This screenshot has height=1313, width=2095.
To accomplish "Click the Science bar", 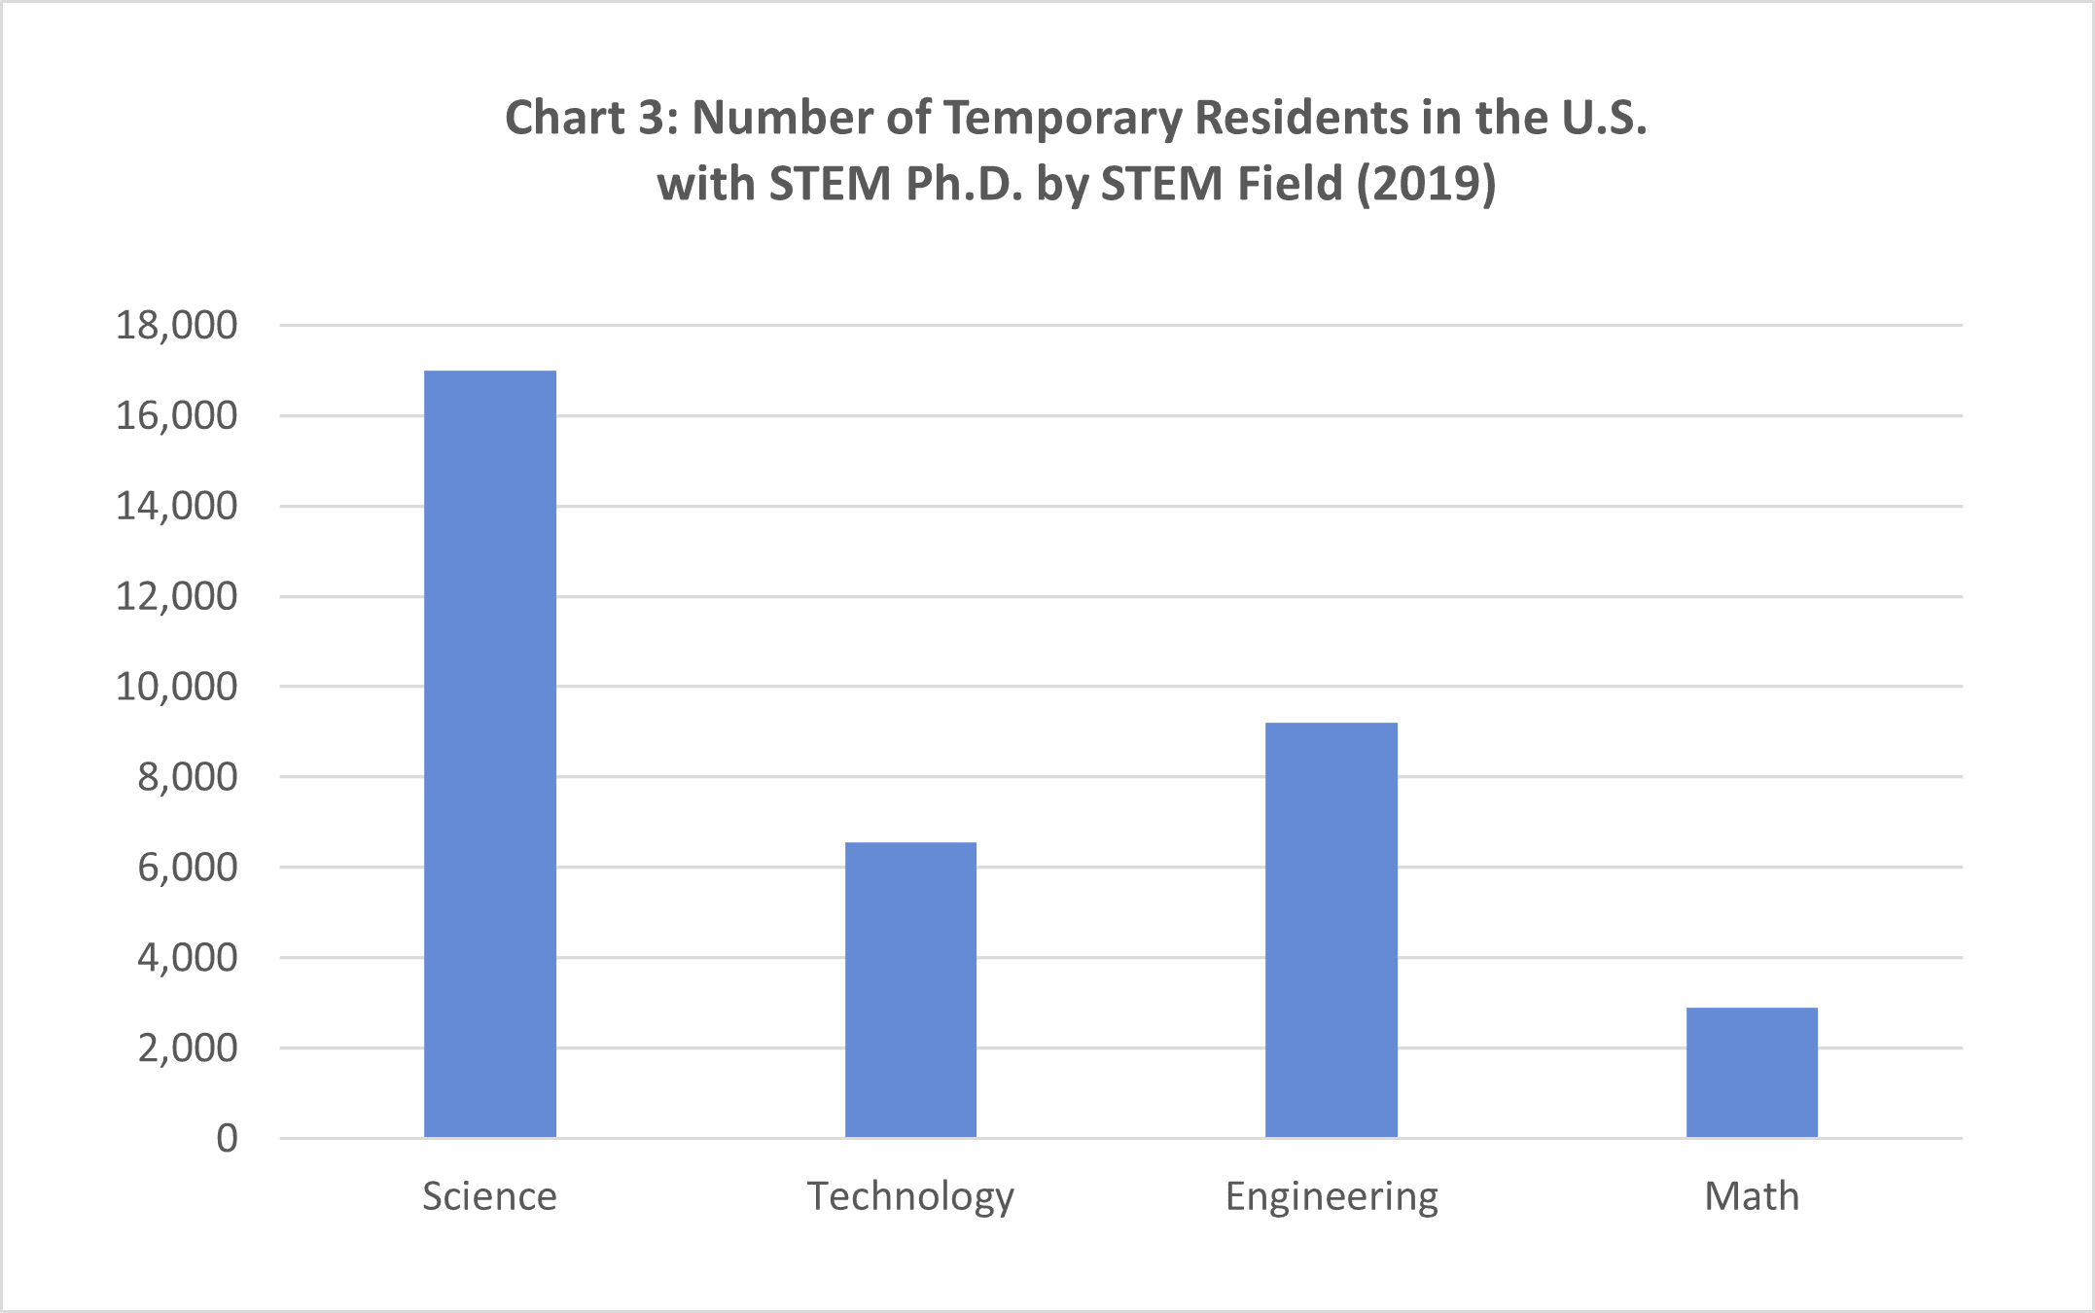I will (x=490, y=754).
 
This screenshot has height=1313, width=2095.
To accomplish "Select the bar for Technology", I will (x=910, y=989).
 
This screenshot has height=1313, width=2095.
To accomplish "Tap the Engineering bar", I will (x=1331, y=930).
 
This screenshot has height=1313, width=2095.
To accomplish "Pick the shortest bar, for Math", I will (x=1752, y=1072).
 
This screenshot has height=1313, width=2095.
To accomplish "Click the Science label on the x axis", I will (x=489, y=1196).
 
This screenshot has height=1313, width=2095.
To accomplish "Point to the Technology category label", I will (x=910, y=1196).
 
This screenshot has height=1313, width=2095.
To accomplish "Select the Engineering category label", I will (x=1331, y=1196).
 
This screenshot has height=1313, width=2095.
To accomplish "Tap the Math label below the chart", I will (x=1752, y=1196).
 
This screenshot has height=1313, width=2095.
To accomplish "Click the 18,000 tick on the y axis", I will (x=176, y=325).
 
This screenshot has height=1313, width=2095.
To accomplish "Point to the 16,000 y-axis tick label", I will (x=176, y=415).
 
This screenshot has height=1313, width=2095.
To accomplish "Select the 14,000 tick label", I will (x=176, y=506).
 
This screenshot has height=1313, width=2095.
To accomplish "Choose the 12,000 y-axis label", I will (x=176, y=596).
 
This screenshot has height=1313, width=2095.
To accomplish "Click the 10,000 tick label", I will (x=176, y=687).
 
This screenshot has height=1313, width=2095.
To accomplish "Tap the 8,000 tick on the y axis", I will (x=187, y=777).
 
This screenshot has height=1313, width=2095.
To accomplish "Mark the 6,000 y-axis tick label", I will (x=187, y=868).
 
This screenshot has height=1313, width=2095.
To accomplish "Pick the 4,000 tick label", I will (x=187, y=958).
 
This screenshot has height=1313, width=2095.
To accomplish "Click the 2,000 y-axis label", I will (x=187, y=1048).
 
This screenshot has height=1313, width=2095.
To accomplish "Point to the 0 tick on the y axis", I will (x=227, y=1138).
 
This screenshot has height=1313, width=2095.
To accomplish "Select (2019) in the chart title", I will (x=1426, y=184).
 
